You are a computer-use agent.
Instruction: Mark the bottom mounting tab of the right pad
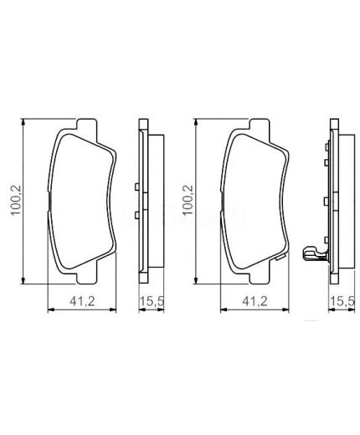coord(255,275)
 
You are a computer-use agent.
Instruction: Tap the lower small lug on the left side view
coord(135,215)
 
